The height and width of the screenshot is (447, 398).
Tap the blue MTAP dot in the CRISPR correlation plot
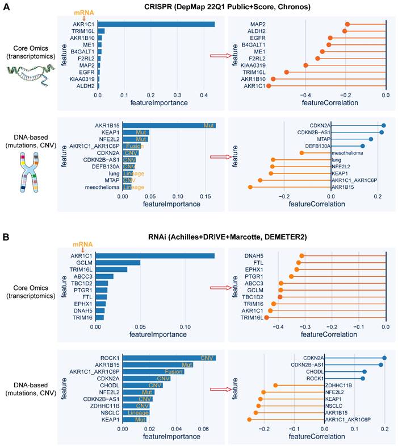(371, 139)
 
